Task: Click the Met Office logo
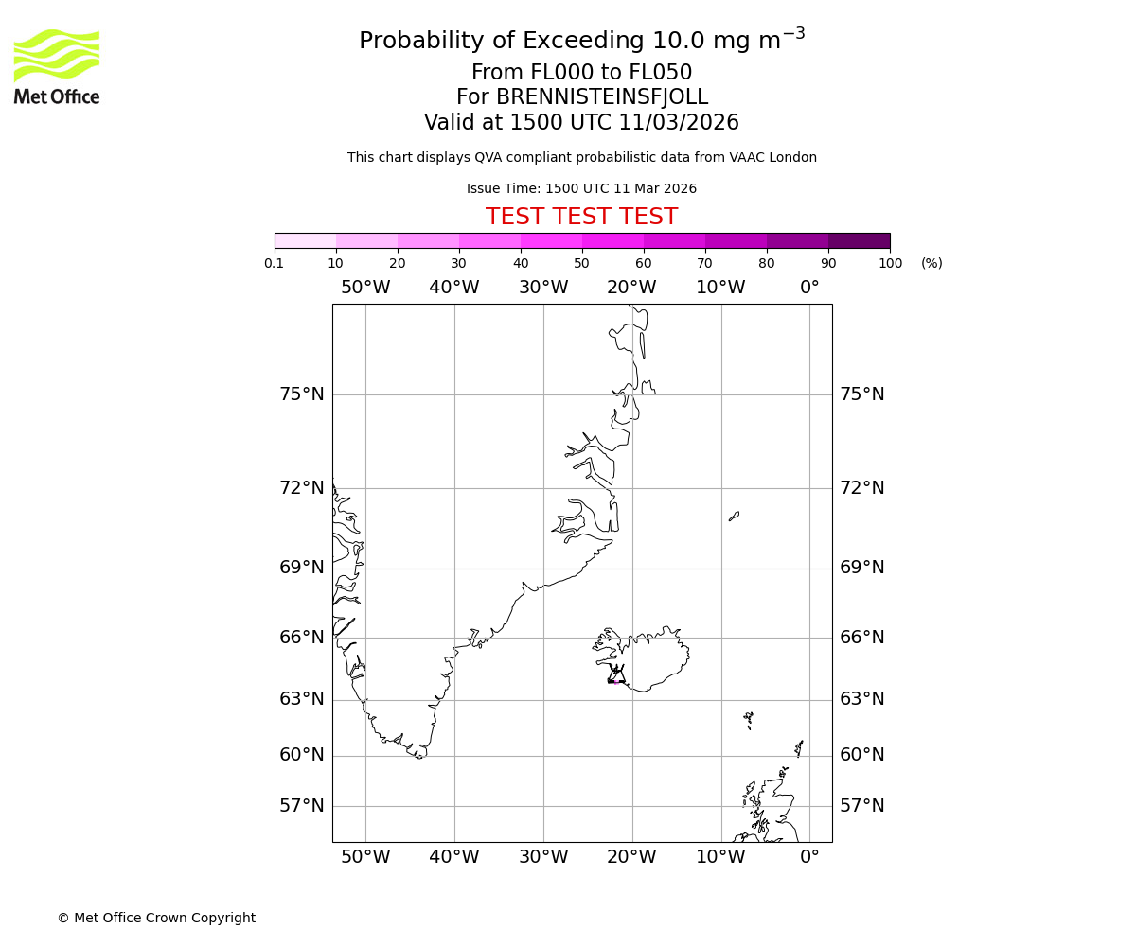click(x=57, y=66)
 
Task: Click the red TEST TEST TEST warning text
click(x=581, y=217)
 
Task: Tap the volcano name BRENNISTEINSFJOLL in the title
click(x=581, y=97)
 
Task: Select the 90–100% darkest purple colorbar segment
click(x=859, y=240)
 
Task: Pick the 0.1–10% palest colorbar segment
click(x=305, y=240)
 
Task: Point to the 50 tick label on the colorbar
click(x=581, y=263)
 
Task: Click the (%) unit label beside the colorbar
click(x=932, y=263)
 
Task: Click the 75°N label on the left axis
click(x=301, y=394)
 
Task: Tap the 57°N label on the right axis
click(x=861, y=806)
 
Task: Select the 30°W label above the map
click(x=542, y=288)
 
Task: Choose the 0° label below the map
click(x=809, y=857)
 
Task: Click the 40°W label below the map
click(x=453, y=857)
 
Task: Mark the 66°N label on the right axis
click(x=861, y=638)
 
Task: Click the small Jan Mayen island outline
click(x=734, y=517)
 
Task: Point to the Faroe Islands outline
click(x=748, y=720)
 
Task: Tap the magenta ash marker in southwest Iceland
click(x=615, y=681)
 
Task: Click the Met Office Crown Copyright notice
click(x=156, y=918)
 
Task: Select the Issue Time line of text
click(x=581, y=188)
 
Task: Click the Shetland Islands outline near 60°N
click(x=799, y=748)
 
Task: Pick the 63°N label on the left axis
click(x=301, y=699)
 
